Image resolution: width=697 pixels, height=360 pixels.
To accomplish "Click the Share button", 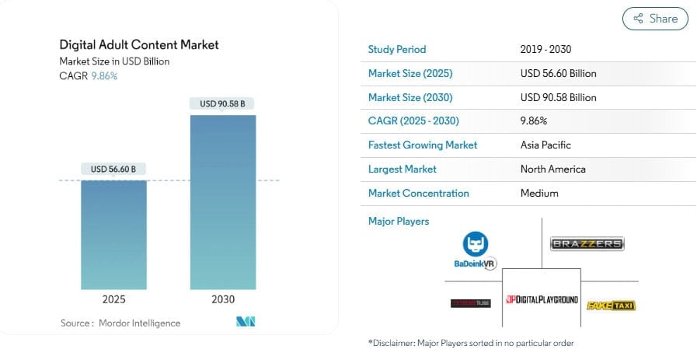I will click(655, 19).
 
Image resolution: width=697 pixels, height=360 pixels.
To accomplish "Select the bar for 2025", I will click(113, 233).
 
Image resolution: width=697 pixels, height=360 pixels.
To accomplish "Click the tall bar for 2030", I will click(222, 202).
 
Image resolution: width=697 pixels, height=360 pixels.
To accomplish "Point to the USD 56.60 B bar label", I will click(113, 170).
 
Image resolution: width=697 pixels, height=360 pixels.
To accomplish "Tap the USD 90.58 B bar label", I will click(222, 103).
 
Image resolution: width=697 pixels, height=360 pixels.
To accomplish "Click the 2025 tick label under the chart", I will click(113, 299).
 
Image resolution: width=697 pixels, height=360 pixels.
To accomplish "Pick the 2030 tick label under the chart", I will click(222, 299).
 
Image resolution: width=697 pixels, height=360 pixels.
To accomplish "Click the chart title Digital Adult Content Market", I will click(139, 44).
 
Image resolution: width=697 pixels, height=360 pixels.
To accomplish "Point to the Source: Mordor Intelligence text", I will click(120, 323).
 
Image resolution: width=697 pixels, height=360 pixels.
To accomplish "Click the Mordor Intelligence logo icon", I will click(246, 322).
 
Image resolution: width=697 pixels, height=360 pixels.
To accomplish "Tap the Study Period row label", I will click(397, 50).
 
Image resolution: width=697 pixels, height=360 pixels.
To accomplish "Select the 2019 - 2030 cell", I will click(546, 50).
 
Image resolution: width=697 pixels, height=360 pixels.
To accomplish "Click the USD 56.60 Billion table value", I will click(558, 74).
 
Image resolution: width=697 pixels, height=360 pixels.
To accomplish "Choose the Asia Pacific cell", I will click(545, 145).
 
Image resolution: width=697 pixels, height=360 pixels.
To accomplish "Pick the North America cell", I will click(552, 169).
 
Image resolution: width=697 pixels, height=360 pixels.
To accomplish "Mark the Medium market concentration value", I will click(539, 193).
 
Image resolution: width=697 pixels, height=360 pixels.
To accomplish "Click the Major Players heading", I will click(399, 222).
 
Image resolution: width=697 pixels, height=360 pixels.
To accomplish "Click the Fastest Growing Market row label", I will click(423, 145).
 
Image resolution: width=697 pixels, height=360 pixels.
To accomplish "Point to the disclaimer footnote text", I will click(471, 343).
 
